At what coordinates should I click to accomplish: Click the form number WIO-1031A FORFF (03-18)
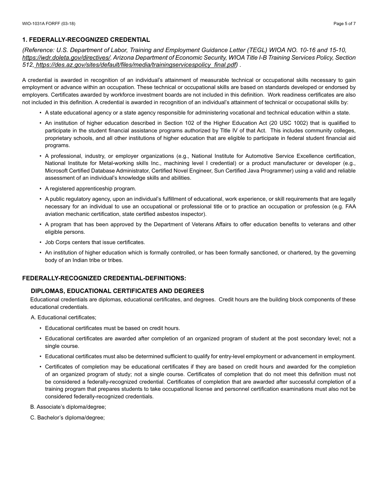49,23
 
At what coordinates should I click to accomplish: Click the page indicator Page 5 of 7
344,23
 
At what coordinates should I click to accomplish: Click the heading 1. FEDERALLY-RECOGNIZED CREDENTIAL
86,40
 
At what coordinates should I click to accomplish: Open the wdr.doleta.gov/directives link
66,58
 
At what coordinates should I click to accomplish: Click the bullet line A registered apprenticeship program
90,189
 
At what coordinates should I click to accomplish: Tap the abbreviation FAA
350,207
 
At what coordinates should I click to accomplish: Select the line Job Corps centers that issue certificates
95,243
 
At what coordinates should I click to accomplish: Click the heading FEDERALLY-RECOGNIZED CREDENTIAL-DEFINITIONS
104,278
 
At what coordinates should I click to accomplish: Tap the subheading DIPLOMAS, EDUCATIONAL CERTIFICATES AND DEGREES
117,291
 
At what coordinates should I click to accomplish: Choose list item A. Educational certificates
64,317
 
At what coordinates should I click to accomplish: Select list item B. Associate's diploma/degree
68,407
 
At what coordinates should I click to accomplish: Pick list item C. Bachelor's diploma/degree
67,418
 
